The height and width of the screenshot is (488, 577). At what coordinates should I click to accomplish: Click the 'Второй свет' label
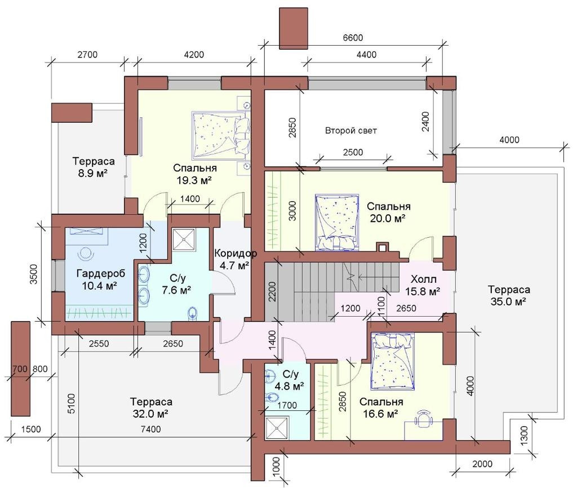pos(350,131)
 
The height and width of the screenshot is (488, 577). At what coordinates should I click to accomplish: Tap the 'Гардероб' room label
pos(101,273)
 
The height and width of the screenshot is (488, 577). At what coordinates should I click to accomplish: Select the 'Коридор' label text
pos(236,253)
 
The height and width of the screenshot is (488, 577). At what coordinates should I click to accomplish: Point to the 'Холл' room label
pos(424,278)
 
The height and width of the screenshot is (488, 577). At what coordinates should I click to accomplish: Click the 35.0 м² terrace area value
pos(508,301)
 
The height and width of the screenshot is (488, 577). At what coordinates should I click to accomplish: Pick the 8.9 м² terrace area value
pos(93,173)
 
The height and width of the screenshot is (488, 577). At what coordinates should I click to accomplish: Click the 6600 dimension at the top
pos(353,38)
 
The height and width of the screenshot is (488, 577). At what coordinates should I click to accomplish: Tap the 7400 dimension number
pos(151,429)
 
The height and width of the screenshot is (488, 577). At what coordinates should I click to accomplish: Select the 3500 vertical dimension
pos(34,274)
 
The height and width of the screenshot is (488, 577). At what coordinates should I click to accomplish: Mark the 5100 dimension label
pos(71,403)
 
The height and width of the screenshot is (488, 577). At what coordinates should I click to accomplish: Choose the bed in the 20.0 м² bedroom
pos(337,223)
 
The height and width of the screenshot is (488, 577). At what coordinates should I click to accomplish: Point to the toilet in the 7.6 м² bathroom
pos(192,313)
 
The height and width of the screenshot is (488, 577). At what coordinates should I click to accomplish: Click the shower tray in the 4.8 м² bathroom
pos(276,427)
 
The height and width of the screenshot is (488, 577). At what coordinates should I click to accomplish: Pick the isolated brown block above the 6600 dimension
pos(293,28)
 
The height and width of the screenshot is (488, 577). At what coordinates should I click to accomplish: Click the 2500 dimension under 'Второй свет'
pos(353,152)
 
